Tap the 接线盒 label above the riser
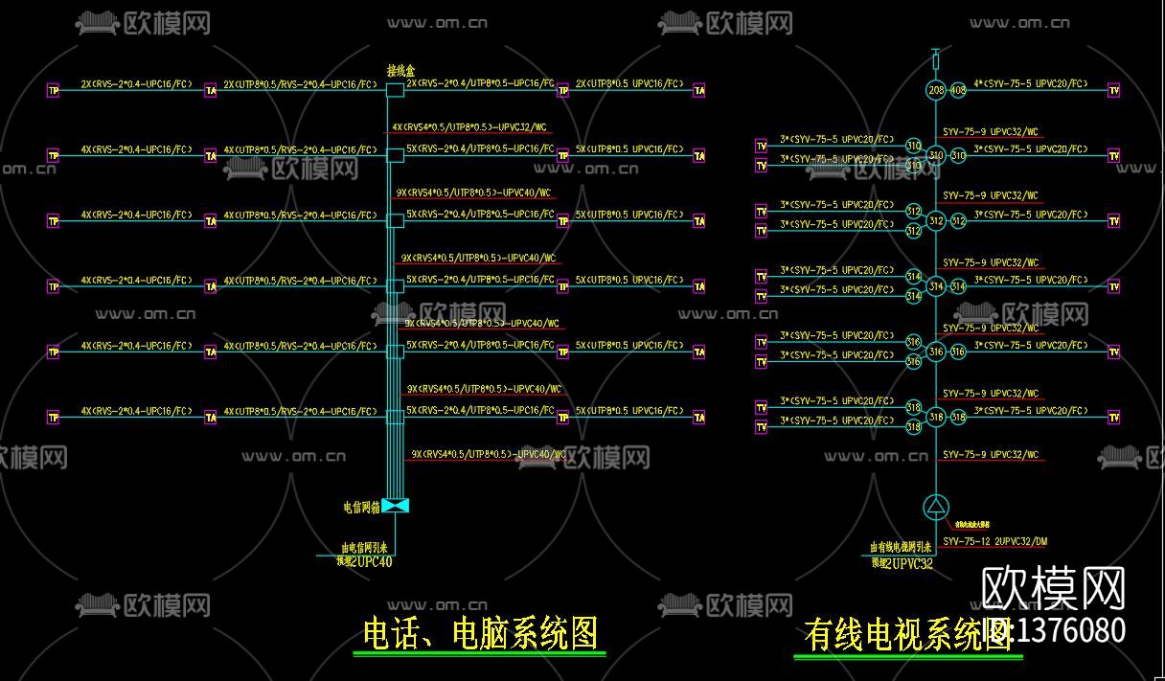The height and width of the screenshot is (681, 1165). click(400, 70)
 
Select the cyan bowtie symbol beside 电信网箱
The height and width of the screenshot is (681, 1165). click(395, 505)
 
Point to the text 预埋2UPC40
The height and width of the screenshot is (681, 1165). click(364, 562)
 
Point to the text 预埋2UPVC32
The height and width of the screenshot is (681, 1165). click(902, 564)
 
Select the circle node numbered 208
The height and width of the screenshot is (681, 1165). click(936, 90)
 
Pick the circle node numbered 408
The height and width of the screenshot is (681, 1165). click(957, 90)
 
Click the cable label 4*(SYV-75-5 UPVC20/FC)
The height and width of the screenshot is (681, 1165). click(1031, 83)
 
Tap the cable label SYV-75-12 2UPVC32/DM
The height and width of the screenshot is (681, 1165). click(994, 542)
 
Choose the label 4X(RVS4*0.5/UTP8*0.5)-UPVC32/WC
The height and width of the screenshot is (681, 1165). click(469, 126)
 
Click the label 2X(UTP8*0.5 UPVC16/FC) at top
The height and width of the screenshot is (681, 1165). click(628, 83)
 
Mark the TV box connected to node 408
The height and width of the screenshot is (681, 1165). click(1113, 90)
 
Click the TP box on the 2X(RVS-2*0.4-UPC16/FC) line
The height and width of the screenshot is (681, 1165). click(53, 90)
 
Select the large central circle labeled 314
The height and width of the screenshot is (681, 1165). click(936, 286)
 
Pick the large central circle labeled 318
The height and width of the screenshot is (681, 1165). click(936, 418)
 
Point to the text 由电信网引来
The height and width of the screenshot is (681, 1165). click(364, 549)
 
